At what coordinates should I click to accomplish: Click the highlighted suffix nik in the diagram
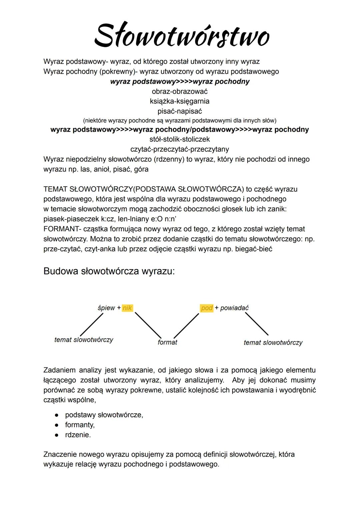click(127, 308)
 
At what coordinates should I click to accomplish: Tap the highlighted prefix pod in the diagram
click(207, 308)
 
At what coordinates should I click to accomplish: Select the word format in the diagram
click(167, 342)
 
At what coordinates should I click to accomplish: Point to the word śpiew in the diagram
click(106, 308)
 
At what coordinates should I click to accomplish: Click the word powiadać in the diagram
click(234, 308)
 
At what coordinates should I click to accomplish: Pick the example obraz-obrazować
click(180, 91)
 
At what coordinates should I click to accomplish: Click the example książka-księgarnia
click(180, 101)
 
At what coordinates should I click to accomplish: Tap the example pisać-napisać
click(180, 111)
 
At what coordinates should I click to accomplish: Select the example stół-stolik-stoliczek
click(180, 139)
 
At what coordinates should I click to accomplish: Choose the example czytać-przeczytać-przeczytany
click(180, 149)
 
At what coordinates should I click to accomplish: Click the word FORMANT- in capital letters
click(62, 229)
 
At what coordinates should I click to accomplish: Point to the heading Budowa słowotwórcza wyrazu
click(109, 271)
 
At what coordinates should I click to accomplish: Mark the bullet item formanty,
click(80, 425)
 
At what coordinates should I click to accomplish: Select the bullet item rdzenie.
click(78, 435)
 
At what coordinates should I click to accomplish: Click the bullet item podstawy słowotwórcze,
click(104, 415)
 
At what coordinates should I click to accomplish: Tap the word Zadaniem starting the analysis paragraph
click(59, 370)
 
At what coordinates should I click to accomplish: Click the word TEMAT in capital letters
click(55, 189)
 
